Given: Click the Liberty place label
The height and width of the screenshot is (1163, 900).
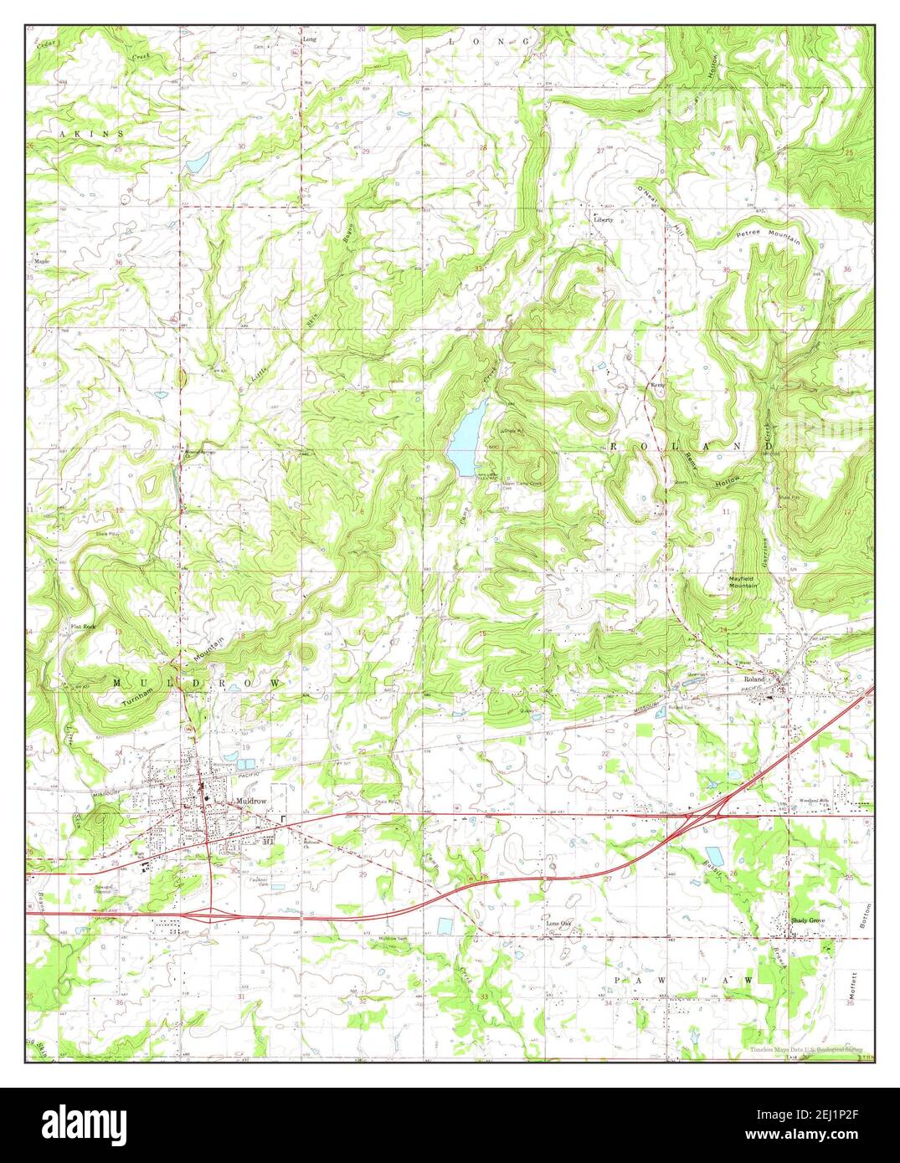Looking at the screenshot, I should [x=604, y=220].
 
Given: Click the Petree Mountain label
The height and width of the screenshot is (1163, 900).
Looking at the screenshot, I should [x=768, y=236].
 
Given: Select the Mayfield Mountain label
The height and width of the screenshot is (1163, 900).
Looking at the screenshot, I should [x=742, y=581].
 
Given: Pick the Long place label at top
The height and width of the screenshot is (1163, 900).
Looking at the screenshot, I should [x=310, y=39].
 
